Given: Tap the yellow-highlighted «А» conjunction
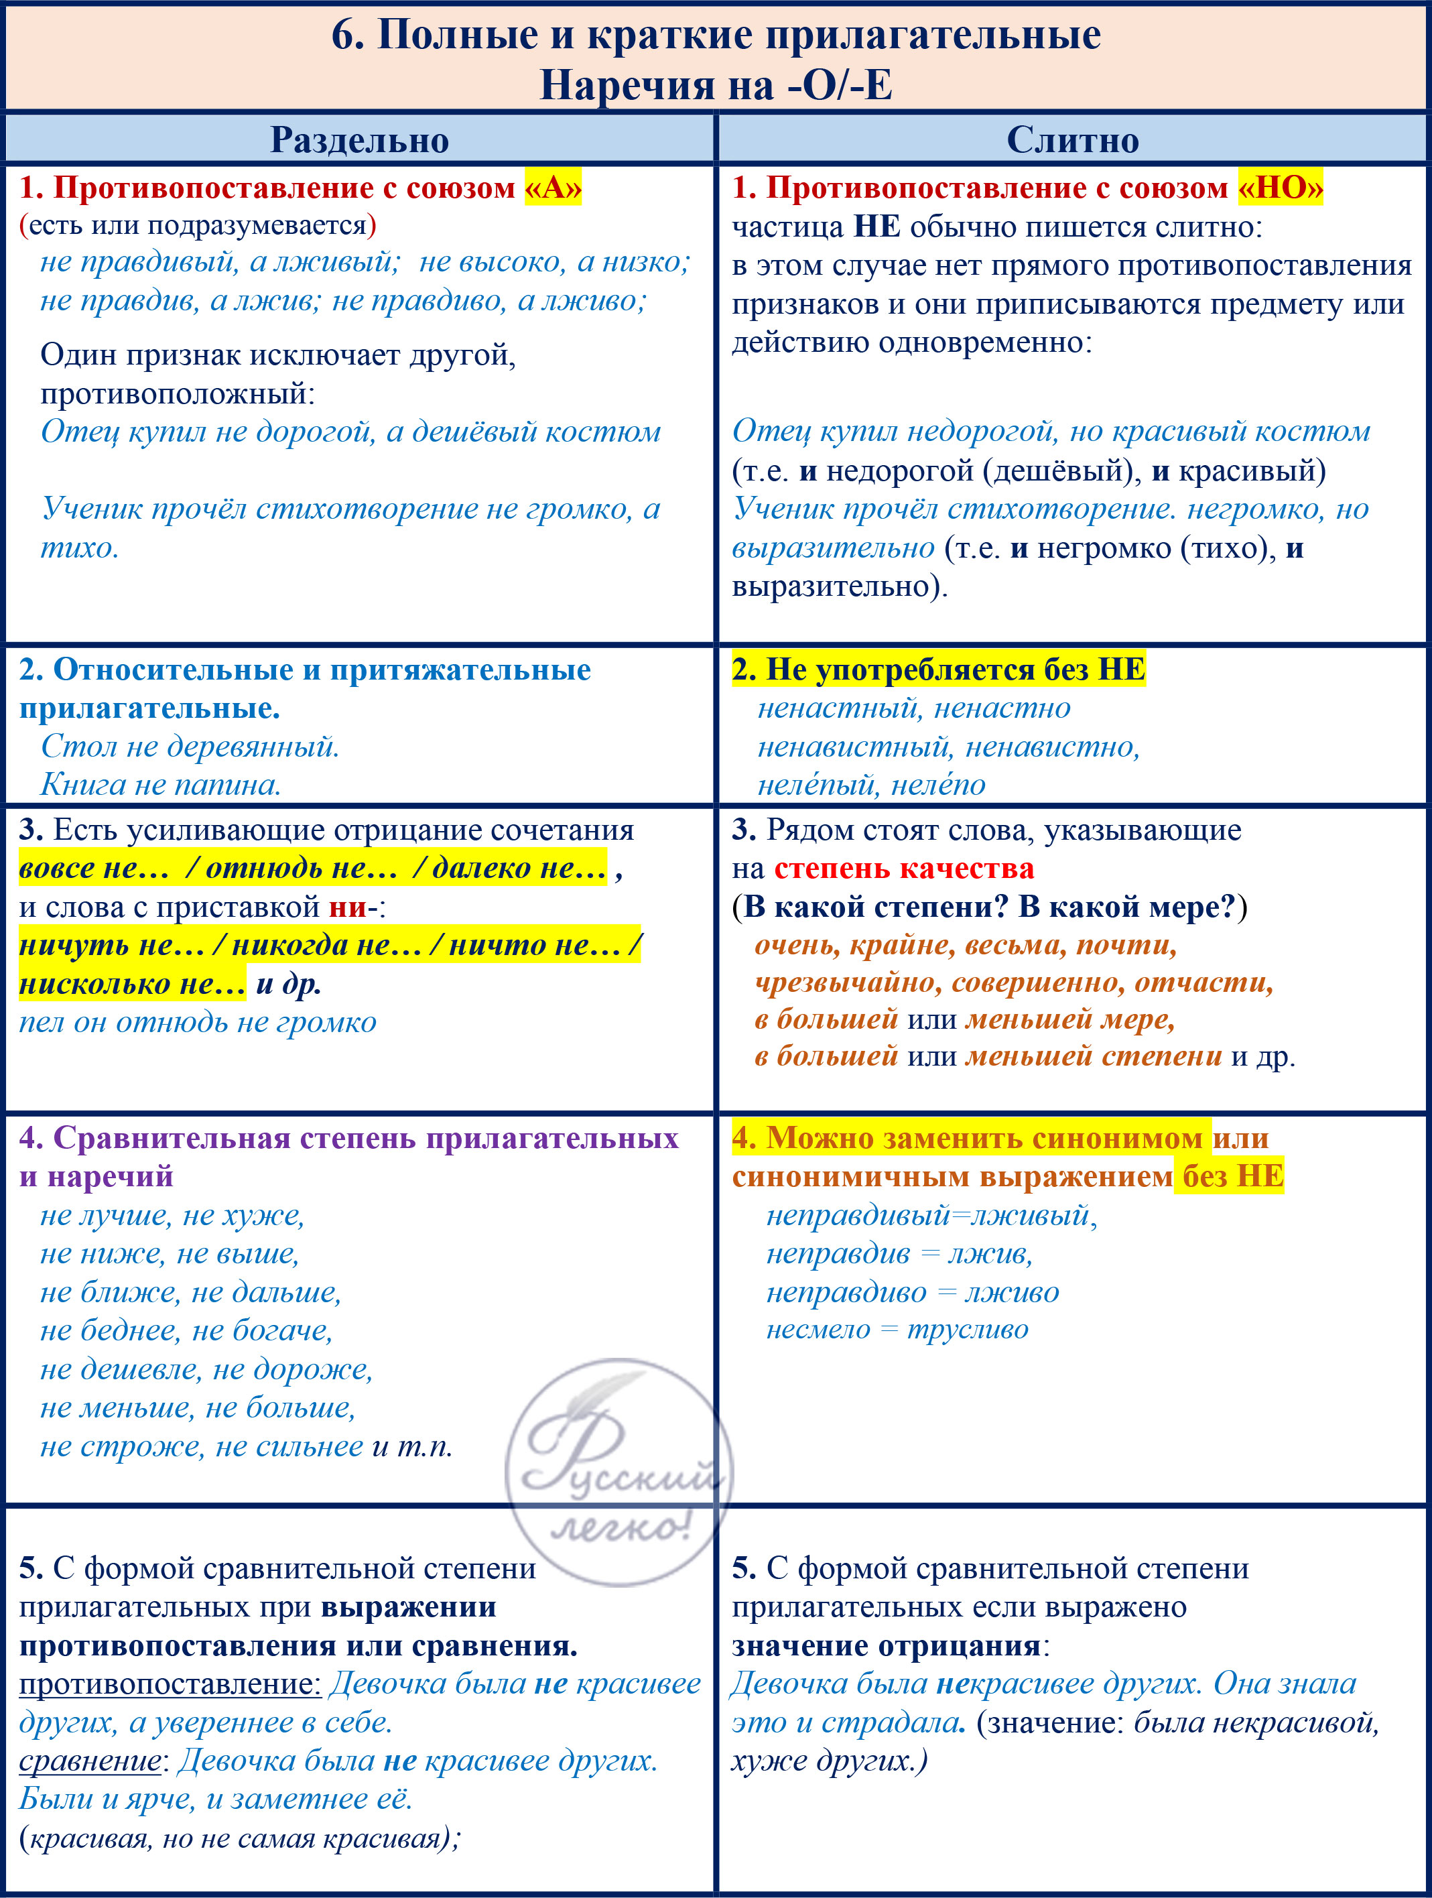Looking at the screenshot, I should click(554, 187).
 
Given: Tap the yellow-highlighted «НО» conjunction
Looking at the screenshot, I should click(1280, 187).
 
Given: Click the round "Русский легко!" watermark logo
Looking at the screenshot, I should click(619, 1472).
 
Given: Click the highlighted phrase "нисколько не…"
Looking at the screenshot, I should click(133, 983).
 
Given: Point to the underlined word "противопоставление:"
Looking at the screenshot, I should click(170, 1684).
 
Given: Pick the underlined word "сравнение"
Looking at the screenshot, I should click(89, 1761).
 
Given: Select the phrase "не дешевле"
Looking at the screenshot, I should click(120, 1369).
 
